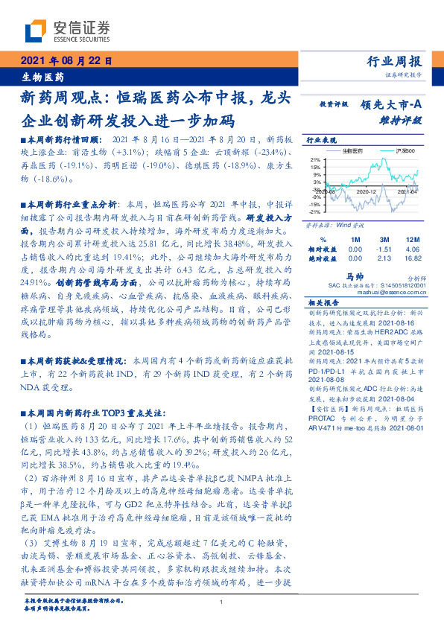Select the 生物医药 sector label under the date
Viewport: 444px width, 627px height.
(42, 77)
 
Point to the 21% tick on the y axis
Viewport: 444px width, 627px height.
(315, 159)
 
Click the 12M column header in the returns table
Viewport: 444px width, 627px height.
(413, 239)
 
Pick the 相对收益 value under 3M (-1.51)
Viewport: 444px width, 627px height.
(384, 249)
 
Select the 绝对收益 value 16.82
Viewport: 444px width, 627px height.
(412, 258)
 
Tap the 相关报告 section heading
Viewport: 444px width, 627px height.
(323, 303)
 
